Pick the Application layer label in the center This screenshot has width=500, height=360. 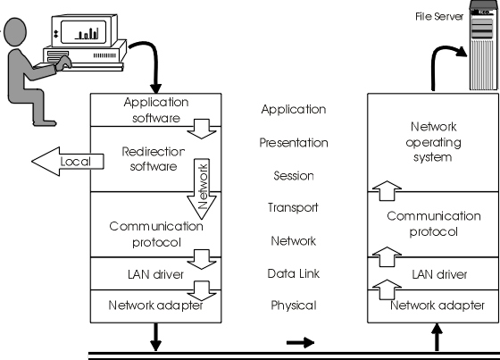(x=294, y=109)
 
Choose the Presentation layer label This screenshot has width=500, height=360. (x=294, y=142)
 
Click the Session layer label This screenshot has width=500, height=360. (x=294, y=175)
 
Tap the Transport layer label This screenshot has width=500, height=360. (x=294, y=208)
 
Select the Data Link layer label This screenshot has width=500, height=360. (x=294, y=273)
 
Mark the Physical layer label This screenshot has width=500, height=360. (x=294, y=306)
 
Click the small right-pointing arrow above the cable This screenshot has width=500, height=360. (x=303, y=341)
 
